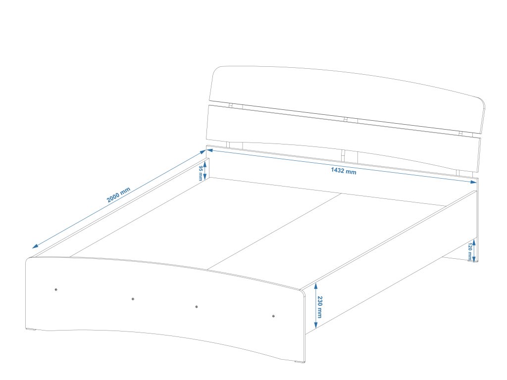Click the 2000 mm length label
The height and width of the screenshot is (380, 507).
tap(118, 195)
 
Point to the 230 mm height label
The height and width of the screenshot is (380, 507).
tap(320, 307)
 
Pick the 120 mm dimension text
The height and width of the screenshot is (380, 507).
tap(469, 251)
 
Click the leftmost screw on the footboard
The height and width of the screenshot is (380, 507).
tap(56, 289)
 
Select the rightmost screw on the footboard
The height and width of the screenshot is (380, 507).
tap(274, 316)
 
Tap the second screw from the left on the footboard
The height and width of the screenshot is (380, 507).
tap(133, 299)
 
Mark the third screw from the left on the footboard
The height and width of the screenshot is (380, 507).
tap(197, 307)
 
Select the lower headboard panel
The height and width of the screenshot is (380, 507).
tap(342, 134)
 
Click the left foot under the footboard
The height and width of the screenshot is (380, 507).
tap(34, 330)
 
